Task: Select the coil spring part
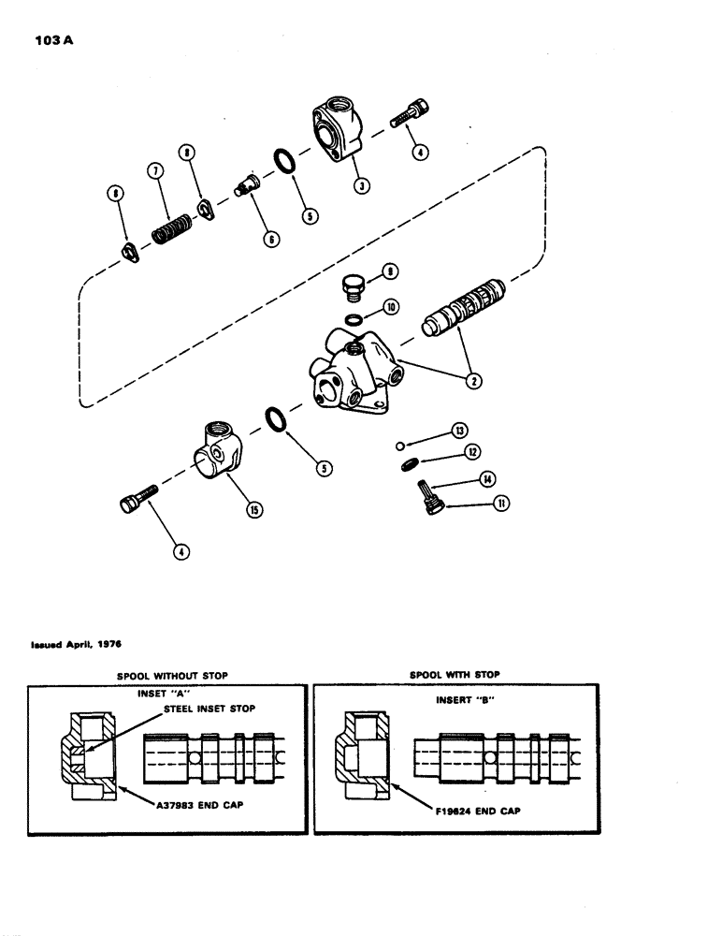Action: tap(172, 227)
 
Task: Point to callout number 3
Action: tap(361, 184)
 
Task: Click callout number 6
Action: tap(271, 240)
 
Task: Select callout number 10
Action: tap(391, 306)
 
